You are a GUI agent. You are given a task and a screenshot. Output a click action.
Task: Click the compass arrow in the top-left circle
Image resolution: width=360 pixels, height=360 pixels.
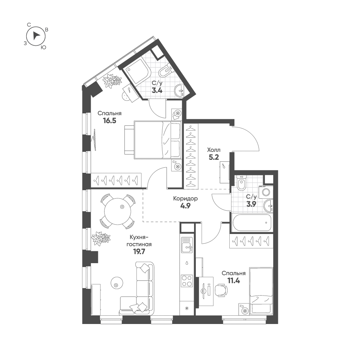click(x=36, y=36)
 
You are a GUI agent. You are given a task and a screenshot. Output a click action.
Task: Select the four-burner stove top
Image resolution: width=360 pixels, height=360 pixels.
click(x=186, y=280)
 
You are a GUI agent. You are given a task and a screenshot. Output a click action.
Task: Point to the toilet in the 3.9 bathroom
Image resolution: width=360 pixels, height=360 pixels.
click(x=242, y=184)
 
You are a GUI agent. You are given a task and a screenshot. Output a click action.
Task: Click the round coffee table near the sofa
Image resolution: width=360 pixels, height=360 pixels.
click(x=116, y=283)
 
